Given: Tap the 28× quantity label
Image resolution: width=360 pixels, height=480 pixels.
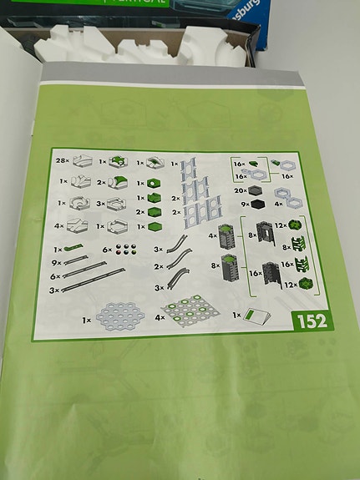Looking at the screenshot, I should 60,159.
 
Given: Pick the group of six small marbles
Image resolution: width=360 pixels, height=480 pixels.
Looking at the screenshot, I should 127,249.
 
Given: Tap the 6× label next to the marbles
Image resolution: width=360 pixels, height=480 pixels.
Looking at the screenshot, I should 106,249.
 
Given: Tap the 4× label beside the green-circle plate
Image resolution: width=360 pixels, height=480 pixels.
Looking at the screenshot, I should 160,316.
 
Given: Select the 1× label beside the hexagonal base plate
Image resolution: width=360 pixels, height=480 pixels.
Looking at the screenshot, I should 87,319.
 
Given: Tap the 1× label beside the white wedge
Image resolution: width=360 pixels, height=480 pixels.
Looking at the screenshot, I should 237,316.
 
